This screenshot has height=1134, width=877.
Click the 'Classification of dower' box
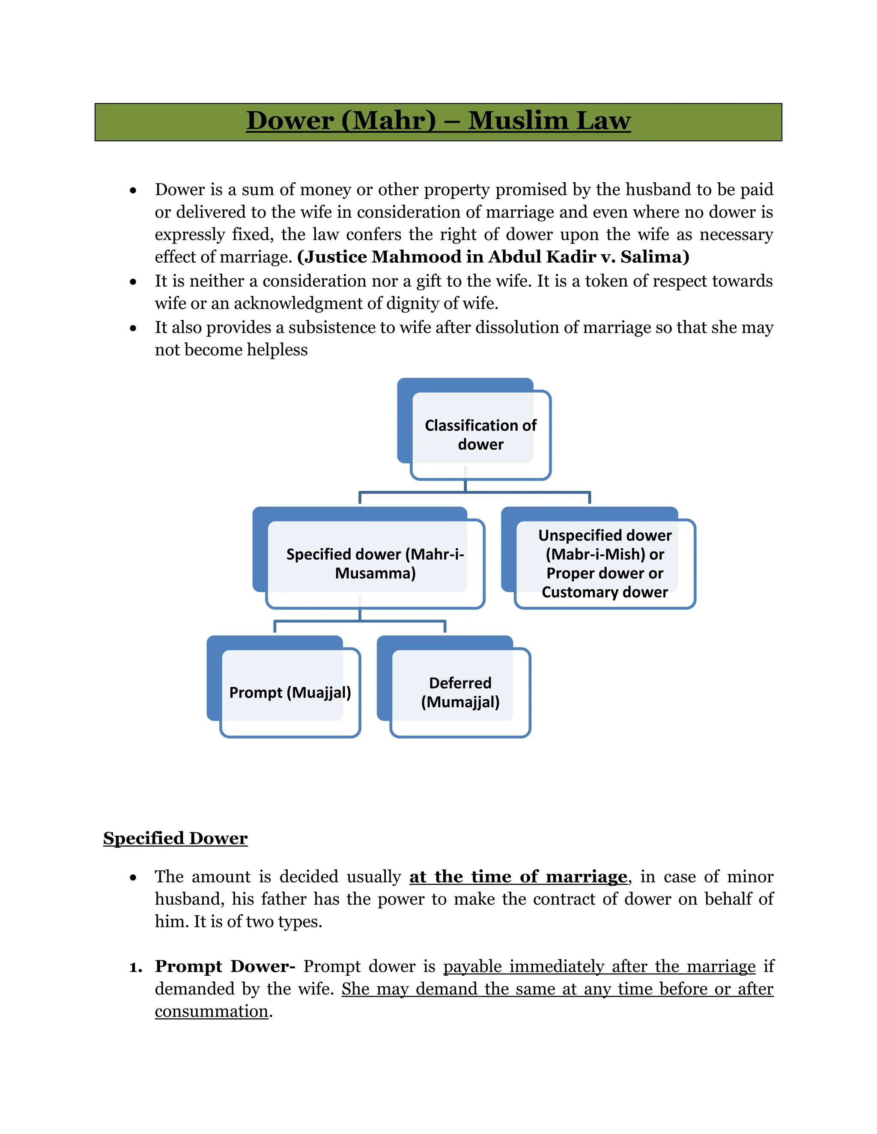point(480,435)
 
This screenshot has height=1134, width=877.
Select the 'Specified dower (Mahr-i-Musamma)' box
point(375,564)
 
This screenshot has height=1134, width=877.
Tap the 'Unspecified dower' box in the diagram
point(605,545)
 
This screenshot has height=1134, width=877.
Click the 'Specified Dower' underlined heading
point(175,838)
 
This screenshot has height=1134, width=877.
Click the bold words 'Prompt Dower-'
point(225,966)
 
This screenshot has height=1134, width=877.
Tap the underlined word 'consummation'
point(212,1012)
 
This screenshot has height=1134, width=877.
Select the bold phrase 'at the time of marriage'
point(518,876)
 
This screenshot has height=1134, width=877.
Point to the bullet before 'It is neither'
point(134,282)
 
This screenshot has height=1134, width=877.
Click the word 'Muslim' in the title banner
point(518,121)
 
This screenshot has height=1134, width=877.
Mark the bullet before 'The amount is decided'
point(134,878)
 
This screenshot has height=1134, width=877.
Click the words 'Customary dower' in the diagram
point(605,592)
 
